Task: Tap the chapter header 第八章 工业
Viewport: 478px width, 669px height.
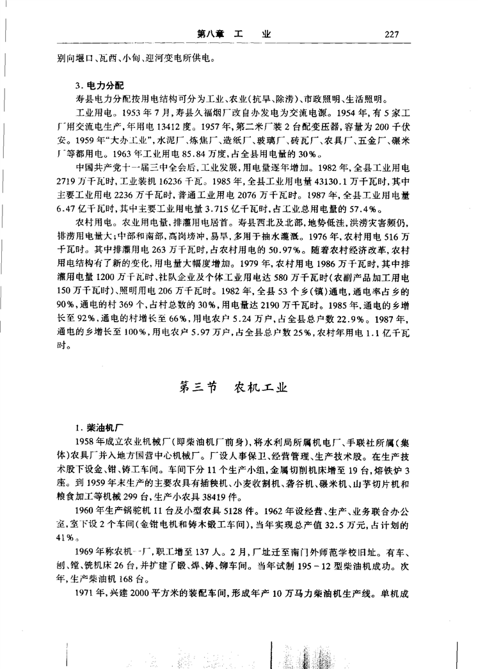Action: [234, 34]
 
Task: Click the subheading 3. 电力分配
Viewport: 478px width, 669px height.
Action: [97, 85]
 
